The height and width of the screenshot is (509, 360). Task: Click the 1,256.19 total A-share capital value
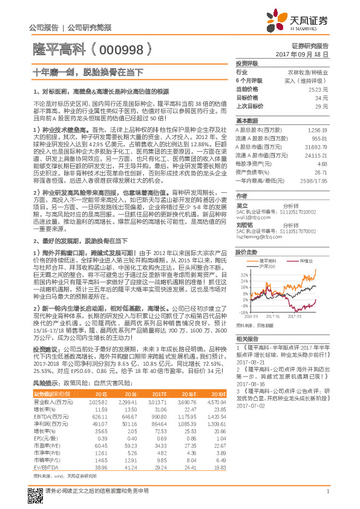point(318,130)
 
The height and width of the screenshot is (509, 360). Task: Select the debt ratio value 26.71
point(321,172)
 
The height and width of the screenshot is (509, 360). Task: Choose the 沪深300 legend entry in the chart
point(269,266)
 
